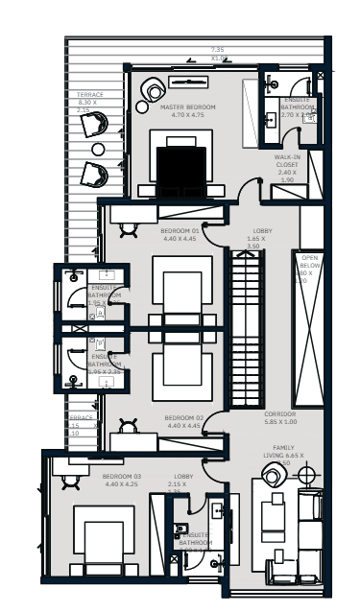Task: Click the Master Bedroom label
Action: click(x=188, y=106)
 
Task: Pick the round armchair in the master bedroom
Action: click(x=155, y=91)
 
